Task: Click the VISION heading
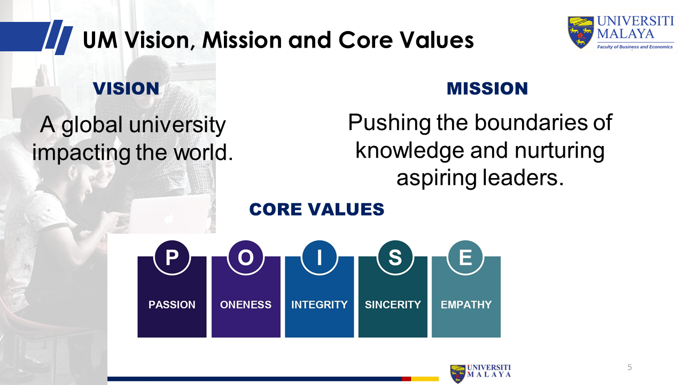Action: pyautogui.click(x=126, y=89)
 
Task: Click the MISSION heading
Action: pyautogui.click(x=487, y=89)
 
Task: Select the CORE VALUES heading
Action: pyautogui.click(x=317, y=209)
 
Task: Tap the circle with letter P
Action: pyautogui.click(x=172, y=257)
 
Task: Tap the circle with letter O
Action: pyautogui.click(x=245, y=257)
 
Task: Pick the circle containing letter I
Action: pyautogui.click(x=320, y=257)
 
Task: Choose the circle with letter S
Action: pyautogui.click(x=395, y=257)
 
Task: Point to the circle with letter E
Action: pyautogui.click(x=465, y=257)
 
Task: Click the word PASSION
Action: pyautogui.click(x=172, y=305)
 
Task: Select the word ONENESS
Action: pyautogui.click(x=246, y=305)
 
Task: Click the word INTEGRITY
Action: pyautogui.click(x=320, y=305)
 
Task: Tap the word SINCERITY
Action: pyautogui.click(x=393, y=305)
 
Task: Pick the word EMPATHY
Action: pyautogui.click(x=467, y=305)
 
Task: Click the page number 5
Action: pyautogui.click(x=629, y=367)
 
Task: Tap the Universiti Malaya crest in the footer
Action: pyautogui.click(x=458, y=373)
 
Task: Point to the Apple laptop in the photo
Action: pyautogui.click(x=170, y=214)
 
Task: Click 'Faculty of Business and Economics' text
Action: pyautogui.click(x=635, y=47)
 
